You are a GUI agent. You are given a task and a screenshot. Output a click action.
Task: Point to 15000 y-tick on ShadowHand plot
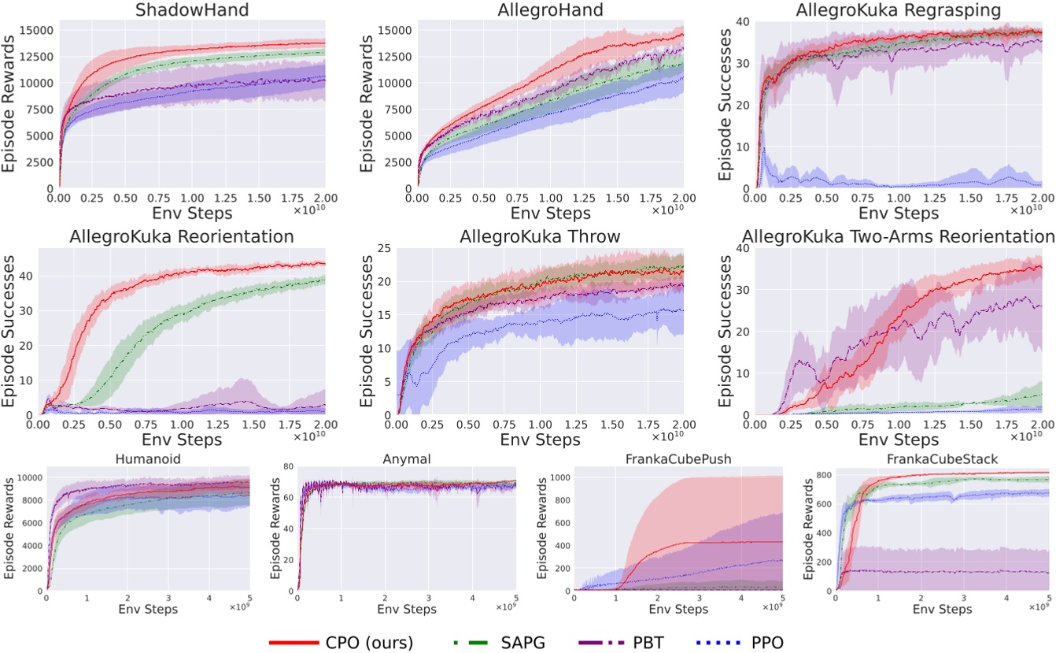[36, 30]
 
